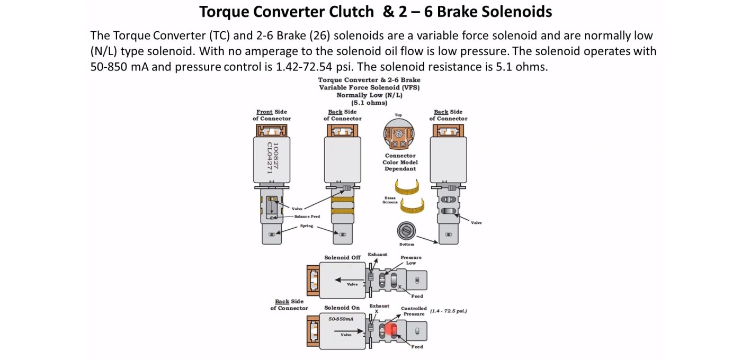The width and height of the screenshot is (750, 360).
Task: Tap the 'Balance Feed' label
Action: [x=307, y=217]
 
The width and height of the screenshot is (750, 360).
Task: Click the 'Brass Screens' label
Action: [x=390, y=200]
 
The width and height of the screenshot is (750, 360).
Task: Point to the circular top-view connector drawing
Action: [x=399, y=134]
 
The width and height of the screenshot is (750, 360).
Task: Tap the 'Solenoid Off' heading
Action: [x=342, y=257]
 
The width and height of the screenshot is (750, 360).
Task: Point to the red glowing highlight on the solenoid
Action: [x=391, y=329]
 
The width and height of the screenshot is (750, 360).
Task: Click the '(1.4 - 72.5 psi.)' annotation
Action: [x=448, y=310]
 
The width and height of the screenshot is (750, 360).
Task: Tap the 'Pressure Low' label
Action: [x=411, y=260]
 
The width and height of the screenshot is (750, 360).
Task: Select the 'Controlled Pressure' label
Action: [x=414, y=311]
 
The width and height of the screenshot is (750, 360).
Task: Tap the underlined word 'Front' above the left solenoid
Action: [x=264, y=112]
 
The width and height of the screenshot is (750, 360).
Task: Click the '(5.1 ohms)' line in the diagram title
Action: [x=369, y=103]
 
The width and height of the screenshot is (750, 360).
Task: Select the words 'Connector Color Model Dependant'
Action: [x=400, y=162]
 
